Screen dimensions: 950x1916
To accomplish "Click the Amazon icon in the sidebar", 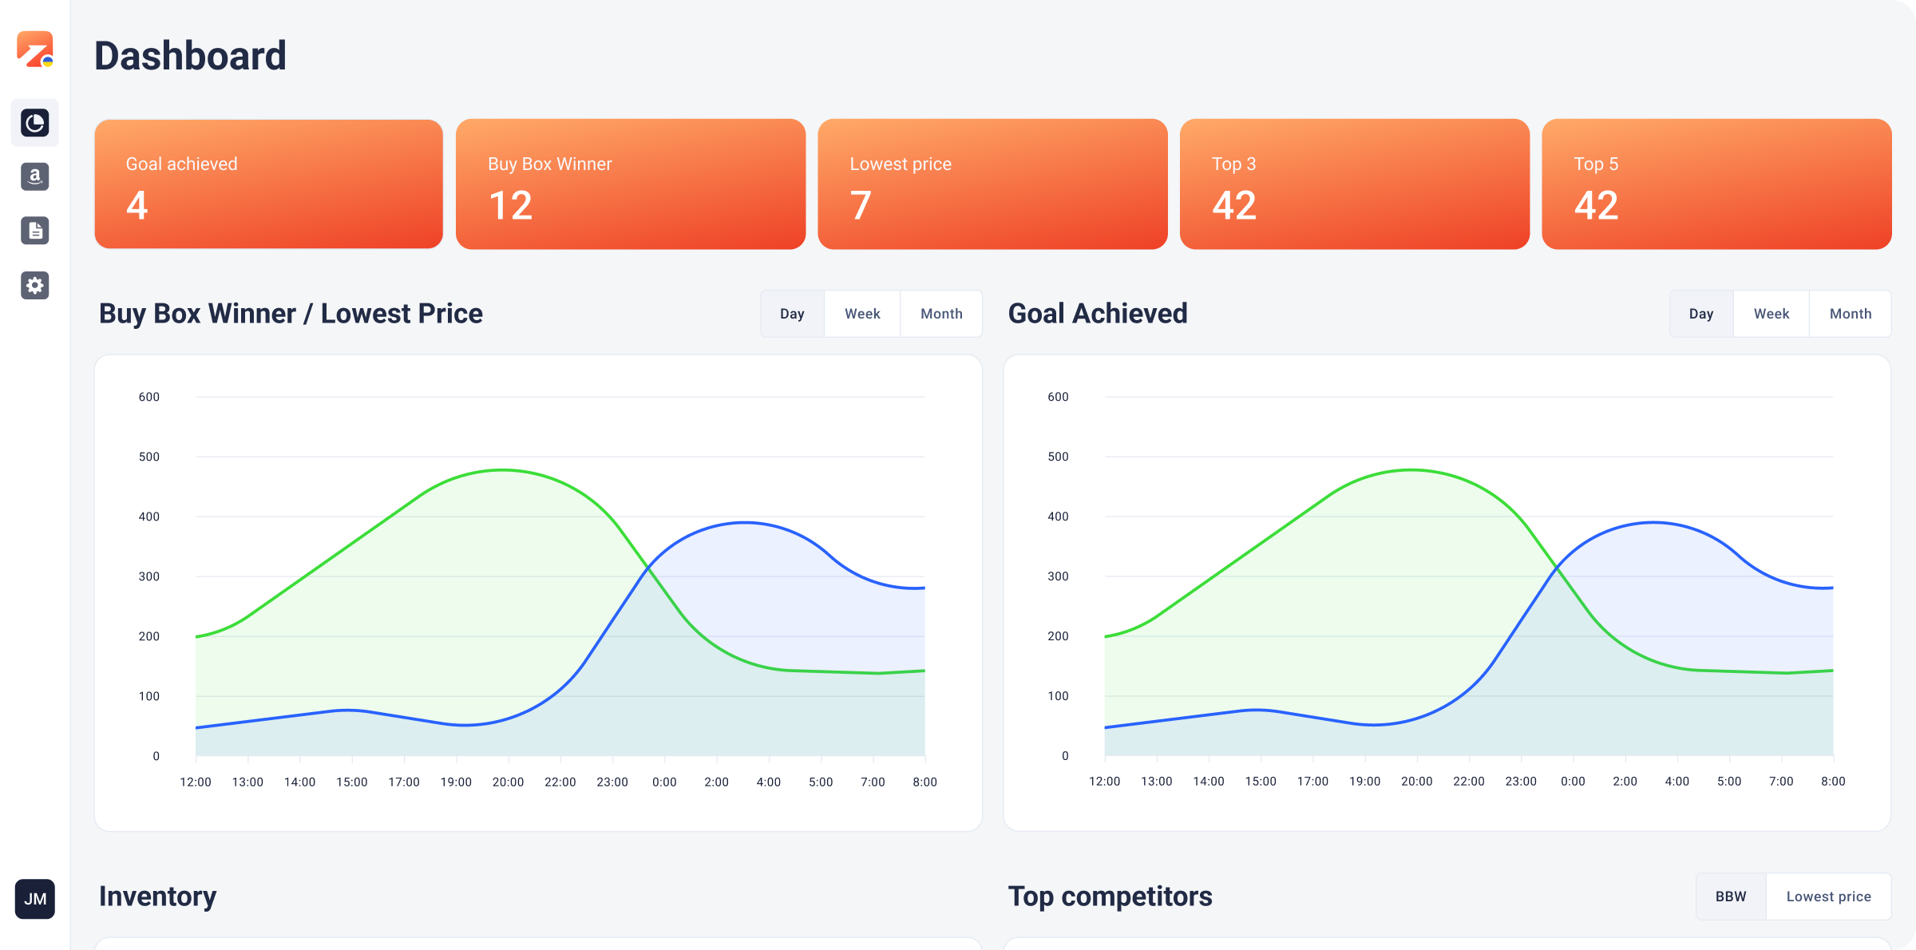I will [35, 176].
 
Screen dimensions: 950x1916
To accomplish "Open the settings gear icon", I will [35, 285].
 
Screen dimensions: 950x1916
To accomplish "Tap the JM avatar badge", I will [35, 899].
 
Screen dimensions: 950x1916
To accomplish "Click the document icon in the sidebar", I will [35, 231].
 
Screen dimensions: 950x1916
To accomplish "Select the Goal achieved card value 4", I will [137, 205].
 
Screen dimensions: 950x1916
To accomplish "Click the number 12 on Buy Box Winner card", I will [510, 205].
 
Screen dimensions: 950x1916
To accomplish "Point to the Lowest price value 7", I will [861, 205].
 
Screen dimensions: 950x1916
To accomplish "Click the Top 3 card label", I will [1233, 164].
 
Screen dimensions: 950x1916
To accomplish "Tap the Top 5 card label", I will [1596, 164].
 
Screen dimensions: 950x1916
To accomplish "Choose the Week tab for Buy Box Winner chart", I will [862, 314].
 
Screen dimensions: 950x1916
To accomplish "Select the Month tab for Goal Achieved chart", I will [1850, 314].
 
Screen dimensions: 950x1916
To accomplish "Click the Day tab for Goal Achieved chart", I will [1701, 314].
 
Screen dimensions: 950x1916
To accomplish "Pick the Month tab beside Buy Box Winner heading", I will [941, 314].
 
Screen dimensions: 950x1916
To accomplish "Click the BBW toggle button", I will [1731, 897].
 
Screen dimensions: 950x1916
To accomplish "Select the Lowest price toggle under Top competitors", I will [1828, 897].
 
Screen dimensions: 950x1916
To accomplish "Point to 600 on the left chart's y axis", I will [149, 397].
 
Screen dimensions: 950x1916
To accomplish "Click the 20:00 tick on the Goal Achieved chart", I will [1416, 782].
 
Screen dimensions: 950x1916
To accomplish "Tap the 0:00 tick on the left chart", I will [664, 782].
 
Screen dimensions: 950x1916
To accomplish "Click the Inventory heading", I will [157, 897].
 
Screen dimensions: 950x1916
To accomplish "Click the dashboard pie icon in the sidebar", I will [35, 123].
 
